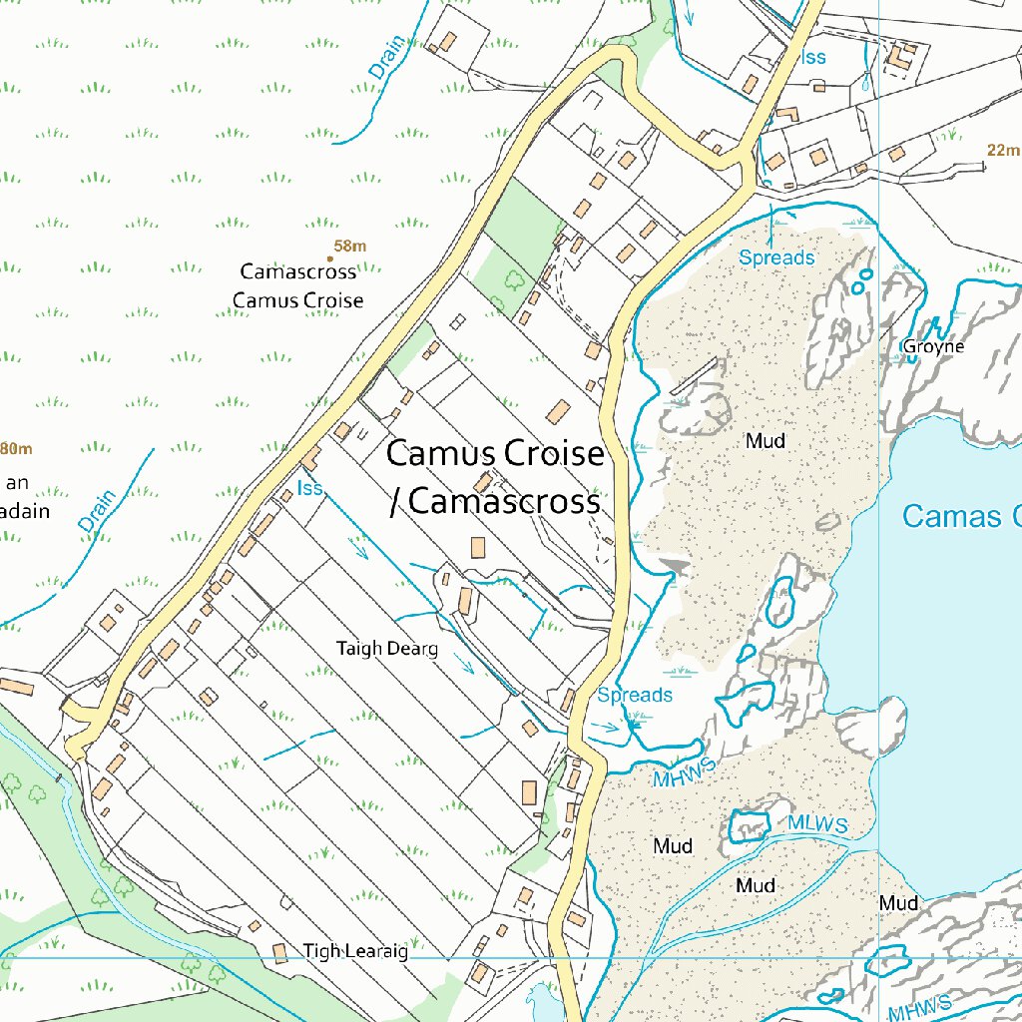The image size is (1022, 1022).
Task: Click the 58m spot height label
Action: pyautogui.click(x=350, y=247)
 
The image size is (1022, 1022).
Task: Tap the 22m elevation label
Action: pyautogui.click(x=1002, y=151)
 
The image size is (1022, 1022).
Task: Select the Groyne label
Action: pyautogui.click(x=933, y=347)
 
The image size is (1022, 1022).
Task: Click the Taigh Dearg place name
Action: pyautogui.click(x=387, y=649)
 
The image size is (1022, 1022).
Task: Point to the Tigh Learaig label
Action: pyautogui.click(x=355, y=951)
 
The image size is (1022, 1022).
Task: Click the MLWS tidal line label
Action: pyautogui.click(x=816, y=824)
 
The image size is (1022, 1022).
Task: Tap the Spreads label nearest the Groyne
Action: pyautogui.click(x=776, y=257)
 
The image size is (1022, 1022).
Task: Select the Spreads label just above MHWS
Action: pyautogui.click(x=635, y=695)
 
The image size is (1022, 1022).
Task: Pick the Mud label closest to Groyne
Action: pyautogui.click(x=766, y=440)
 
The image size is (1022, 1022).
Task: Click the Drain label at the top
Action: pyautogui.click(x=387, y=58)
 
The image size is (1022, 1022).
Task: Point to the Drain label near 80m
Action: pyautogui.click(x=98, y=511)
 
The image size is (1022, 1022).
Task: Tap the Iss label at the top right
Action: pyautogui.click(x=813, y=57)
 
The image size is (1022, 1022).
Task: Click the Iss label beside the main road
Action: pyautogui.click(x=310, y=488)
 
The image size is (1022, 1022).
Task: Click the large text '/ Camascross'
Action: pyautogui.click(x=495, y=501)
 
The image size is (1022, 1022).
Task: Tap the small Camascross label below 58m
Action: pyautogui.click(x=297, y=271)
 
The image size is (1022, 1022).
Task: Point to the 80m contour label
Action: pyautogui.click(x=16, y=448)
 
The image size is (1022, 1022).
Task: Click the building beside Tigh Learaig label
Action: pyautogui.click(x=279, y=954)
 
